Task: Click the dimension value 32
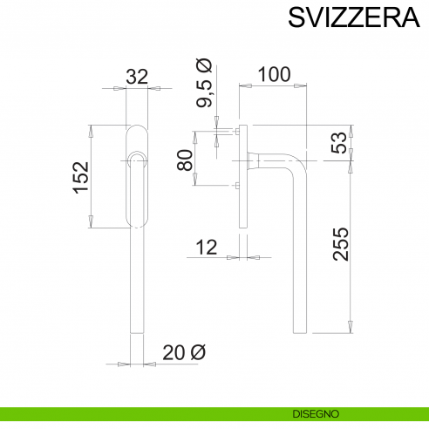137,77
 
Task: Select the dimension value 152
80,177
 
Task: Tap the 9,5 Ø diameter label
203,84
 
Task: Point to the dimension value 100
274,74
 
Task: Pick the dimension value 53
339,143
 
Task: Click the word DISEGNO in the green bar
310,412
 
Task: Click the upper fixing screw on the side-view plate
235,133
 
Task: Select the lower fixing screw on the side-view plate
235,186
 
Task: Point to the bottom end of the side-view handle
301,331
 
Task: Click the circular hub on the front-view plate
136,159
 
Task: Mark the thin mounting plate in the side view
242,209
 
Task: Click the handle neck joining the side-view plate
254,160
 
